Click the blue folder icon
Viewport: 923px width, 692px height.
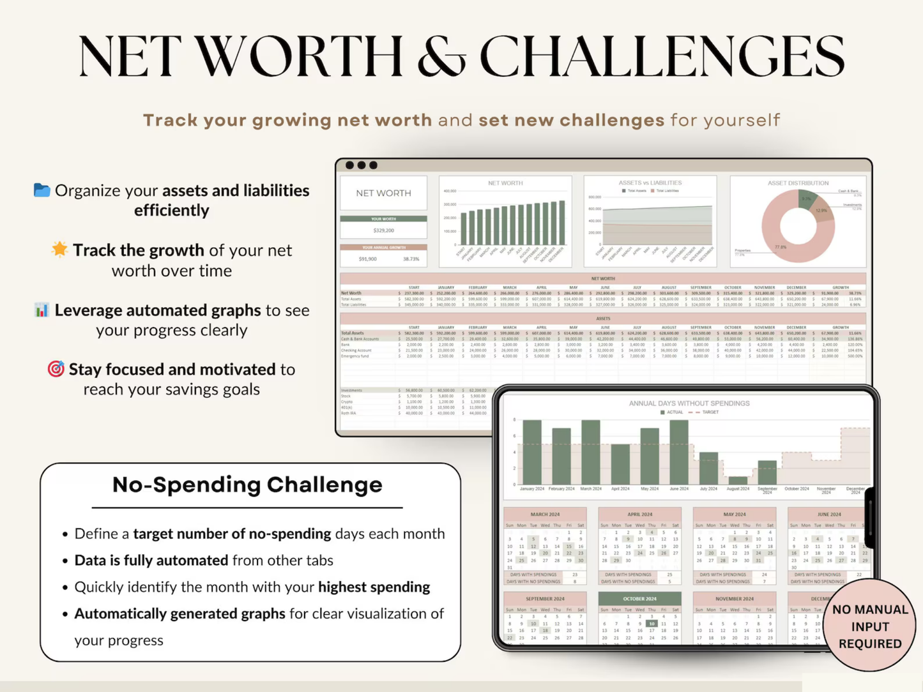(42, 190)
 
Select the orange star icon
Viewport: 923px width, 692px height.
(59, 249)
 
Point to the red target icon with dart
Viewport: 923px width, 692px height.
(56, 369)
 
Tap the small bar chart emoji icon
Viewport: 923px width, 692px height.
(42, 310)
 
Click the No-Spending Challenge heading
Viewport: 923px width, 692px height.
(247, 485)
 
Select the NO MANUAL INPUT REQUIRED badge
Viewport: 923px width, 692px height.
(870, 626)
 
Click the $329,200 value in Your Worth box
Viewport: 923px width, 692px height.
(383, 230)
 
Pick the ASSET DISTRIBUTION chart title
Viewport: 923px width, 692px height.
(798, 183)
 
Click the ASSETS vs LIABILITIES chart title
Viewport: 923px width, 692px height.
(650, 183)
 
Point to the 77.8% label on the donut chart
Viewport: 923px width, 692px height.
(781, 247)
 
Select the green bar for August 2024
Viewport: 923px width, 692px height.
(738, 480)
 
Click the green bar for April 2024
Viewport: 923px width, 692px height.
(620, 464)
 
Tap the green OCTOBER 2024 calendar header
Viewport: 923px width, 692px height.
(639, 599)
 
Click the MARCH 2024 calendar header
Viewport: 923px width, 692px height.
(545, 514)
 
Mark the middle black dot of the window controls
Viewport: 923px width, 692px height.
(362, 165)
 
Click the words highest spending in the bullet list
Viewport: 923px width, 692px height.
(374, 587)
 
